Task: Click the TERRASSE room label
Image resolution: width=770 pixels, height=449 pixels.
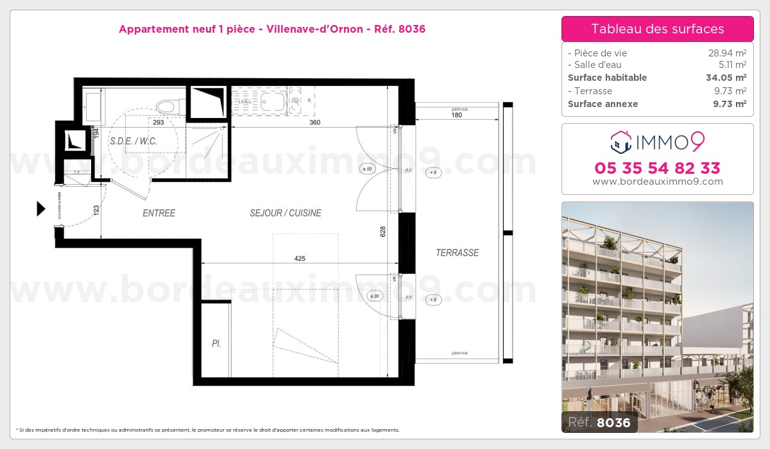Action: tap(458, 253)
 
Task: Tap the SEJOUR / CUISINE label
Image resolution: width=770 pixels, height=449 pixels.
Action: tap(286, 213)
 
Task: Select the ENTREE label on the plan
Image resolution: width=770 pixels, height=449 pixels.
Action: tap(158, 213)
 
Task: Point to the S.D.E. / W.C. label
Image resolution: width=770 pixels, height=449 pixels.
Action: tap(133, 141)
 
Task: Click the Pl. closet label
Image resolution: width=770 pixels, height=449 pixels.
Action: tap(216, 344)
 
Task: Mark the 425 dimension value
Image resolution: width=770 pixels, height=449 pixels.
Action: tap(300, 258)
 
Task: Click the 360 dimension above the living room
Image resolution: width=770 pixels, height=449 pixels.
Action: tap(314, 122)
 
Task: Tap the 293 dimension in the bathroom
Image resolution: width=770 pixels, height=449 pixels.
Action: tap(158, 122)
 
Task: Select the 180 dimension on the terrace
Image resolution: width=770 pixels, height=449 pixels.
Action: tap(457, 115)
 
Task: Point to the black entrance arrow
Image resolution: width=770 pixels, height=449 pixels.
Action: tap(41, 208)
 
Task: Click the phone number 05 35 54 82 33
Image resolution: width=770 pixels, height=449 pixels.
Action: tap(657, 168)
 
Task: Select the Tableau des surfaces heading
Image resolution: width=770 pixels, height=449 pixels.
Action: tap(657, 29)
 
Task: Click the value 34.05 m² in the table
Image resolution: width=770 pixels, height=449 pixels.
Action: tap(726, 78)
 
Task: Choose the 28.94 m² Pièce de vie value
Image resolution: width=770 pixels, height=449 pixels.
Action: tap(726, 53)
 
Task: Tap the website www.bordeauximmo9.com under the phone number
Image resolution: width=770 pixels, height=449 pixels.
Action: tap(657, 182)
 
